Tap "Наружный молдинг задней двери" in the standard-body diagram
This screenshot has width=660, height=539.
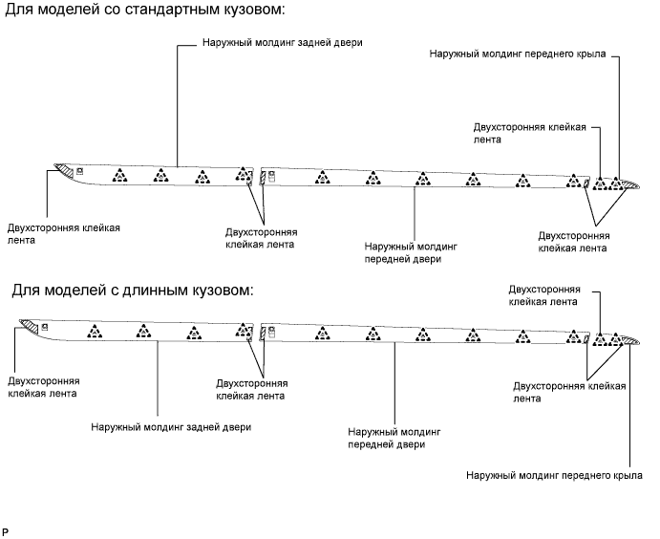click(x=283, y=43)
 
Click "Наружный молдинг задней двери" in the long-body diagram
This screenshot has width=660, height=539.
click(x=171, y=426)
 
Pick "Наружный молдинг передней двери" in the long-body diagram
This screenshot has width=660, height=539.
click(x=393, y=439)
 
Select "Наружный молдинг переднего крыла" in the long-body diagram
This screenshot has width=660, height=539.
click(x=555, y=474)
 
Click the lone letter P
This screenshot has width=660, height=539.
click(x=6, y=529)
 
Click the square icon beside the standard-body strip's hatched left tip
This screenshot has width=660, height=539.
click(x=81, y=172)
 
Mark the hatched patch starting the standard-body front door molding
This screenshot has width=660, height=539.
click(x=262, y=179)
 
